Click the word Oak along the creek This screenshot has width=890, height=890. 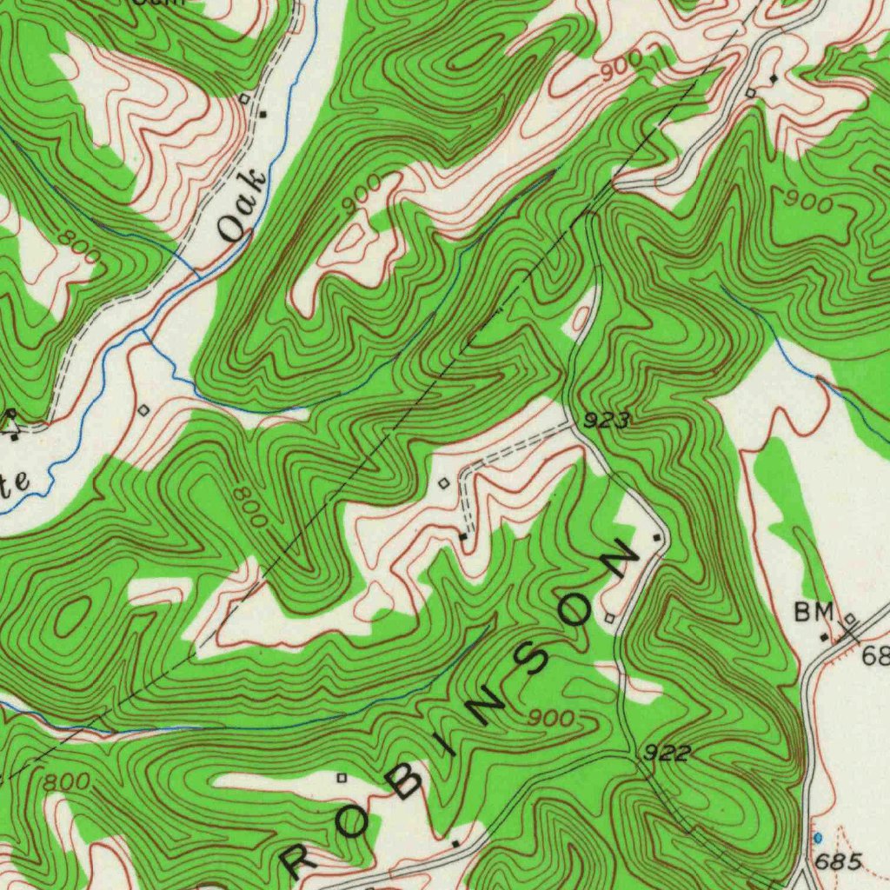[x=242, y=205]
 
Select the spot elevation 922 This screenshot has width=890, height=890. [x=667, y=753]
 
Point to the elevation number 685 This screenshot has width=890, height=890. [x=840, y=862]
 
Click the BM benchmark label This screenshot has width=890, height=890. [x=814, y=612]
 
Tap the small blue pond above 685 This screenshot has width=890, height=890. [x=817, y=838]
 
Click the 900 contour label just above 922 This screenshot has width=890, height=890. [x=552, y=719]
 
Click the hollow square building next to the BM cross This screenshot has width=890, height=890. [x=850, y=619]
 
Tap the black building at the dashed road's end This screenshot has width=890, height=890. [x=463, y=537]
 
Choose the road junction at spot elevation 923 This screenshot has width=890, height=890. [x=575, y=426]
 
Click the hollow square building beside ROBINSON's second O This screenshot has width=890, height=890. [x=609, y=618]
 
